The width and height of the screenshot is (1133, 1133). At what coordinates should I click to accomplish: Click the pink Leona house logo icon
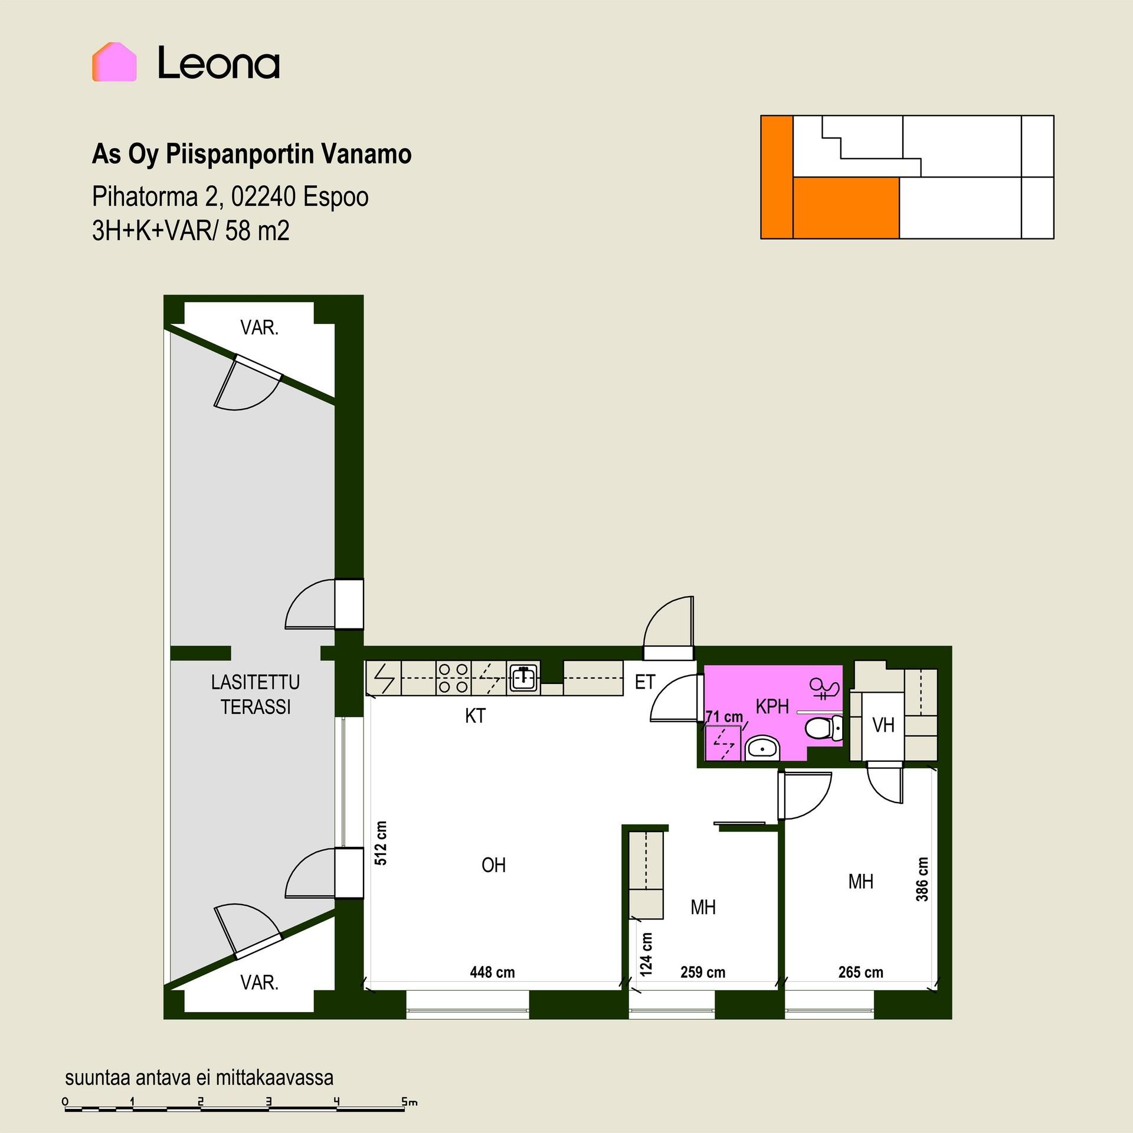pos(114,62)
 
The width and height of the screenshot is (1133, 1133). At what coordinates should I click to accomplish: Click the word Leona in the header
pos(219,64)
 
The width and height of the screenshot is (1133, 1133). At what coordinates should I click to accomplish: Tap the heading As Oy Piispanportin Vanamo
pos(252,154)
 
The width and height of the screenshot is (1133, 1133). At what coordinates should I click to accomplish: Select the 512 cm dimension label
pos(381,843)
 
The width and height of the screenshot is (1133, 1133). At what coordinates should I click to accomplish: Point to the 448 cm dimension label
pos(492,972)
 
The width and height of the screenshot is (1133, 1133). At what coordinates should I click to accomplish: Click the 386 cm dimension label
pos(922,879)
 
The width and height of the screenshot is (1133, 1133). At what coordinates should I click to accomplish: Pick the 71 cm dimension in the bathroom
pos(725,717)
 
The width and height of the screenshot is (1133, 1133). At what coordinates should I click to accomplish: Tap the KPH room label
pos(772,707)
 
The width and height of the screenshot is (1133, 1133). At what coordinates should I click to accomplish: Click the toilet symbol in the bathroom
pos(825,729)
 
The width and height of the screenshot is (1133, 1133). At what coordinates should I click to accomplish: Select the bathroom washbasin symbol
pos(763,749)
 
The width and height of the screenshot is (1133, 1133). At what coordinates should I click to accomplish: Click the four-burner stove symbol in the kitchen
pos(454,678)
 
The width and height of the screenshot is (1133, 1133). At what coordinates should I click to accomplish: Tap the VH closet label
pos(883,725)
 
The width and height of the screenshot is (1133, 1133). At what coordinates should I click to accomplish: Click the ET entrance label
pos(644,682)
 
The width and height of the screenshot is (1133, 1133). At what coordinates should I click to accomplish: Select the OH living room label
pos(493,865)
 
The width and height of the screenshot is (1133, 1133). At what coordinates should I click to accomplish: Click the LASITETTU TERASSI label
pos(256,695)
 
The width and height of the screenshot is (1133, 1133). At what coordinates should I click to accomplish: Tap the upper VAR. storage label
pos(259,328)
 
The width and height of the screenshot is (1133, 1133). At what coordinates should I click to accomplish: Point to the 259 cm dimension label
pos(703,972)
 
